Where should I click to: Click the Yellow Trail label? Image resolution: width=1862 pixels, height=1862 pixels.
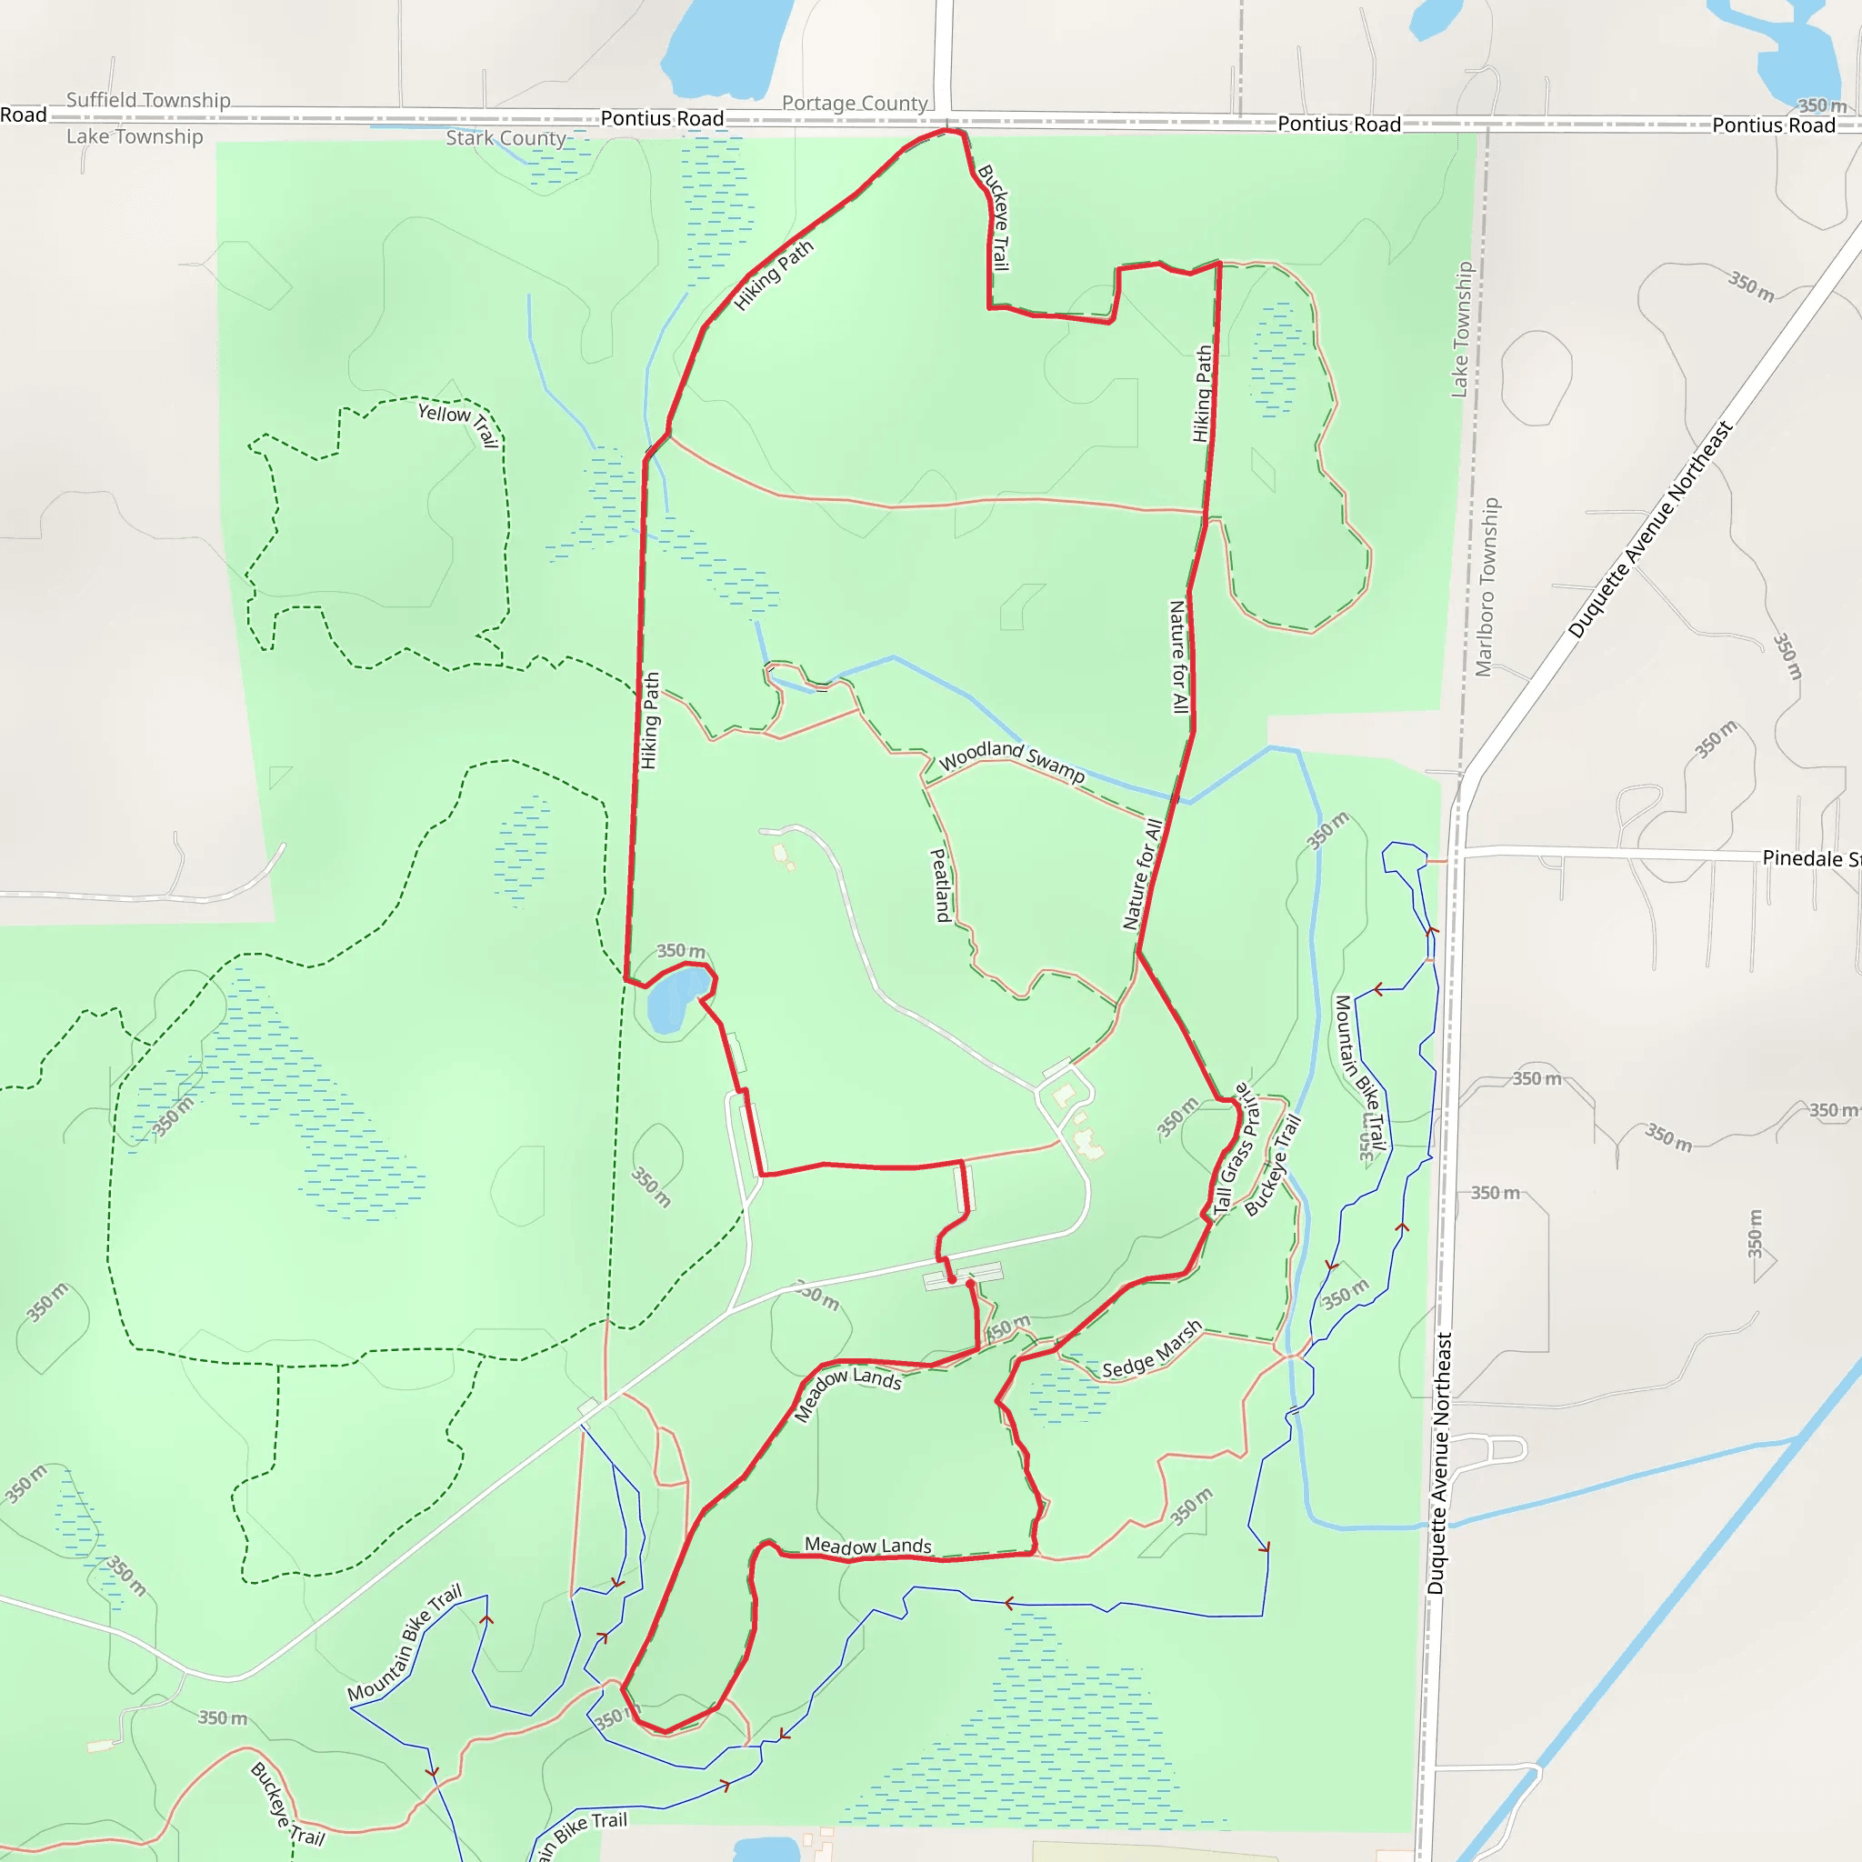[459, 422]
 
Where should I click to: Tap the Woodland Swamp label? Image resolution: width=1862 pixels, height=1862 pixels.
[1011, 758]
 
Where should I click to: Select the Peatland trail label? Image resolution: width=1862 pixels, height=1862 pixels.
[940, 885]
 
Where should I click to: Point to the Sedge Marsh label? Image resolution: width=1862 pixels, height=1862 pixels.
[1152, 1349]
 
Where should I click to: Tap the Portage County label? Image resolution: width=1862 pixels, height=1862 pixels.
[854, 103]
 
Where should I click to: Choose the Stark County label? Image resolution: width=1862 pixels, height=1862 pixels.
[505, 138]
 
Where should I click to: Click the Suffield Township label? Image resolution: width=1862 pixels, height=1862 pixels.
[148, 100]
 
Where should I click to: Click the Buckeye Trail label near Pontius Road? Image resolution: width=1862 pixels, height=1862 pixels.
[995, 217]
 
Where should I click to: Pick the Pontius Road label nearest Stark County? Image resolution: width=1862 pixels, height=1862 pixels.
[662, 118]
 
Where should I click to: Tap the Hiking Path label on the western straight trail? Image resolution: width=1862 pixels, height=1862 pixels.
[651, 720]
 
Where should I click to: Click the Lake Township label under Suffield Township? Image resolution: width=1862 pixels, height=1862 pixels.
[135, 137]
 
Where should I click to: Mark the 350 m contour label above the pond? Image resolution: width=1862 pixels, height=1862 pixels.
[680, 950]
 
